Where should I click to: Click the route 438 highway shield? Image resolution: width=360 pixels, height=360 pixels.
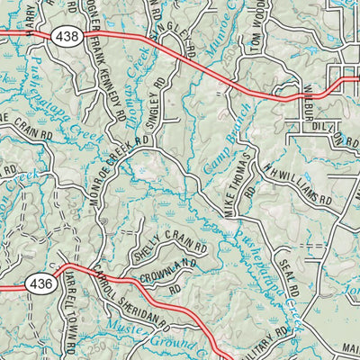(64, 37)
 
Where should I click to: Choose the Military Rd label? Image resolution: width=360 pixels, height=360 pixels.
(274, 340)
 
